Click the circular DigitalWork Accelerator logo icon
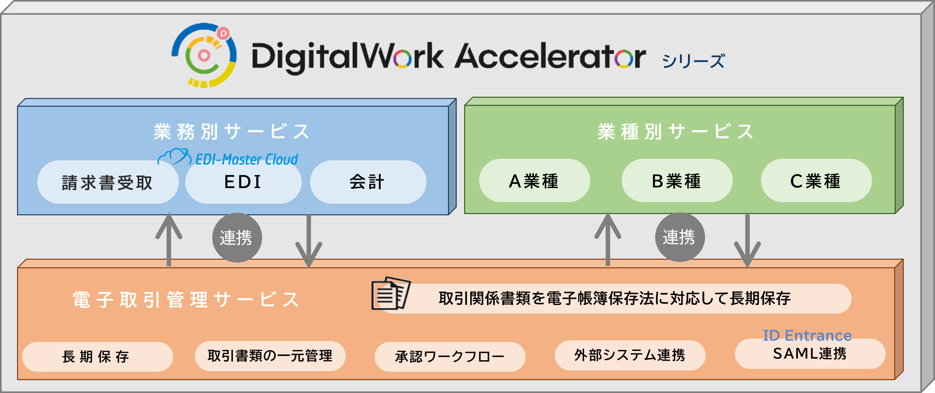(x=204, y=55)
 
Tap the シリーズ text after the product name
(x=693, y=61)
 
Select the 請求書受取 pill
(x=108, y=182)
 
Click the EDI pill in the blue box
(x=243, y=182)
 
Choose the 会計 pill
(x=368, y=182)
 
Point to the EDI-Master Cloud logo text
(x=246, y=159)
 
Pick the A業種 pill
(x=534, y=181)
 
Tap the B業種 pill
(x=677, y=181)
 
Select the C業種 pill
(x=816, y=181)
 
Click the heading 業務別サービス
(x=232, y=131)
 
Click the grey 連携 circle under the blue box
(x=237, y=238)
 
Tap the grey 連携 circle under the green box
(x=680, y=237)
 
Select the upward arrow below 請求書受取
(x=169, y=239)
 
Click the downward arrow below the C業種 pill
(x=747, y=241)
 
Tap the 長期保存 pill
(x=97, y=357)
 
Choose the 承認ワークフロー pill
(x=450, y=357)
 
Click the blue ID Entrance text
(x=807, y=336)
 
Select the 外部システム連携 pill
(x=630, y=355)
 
